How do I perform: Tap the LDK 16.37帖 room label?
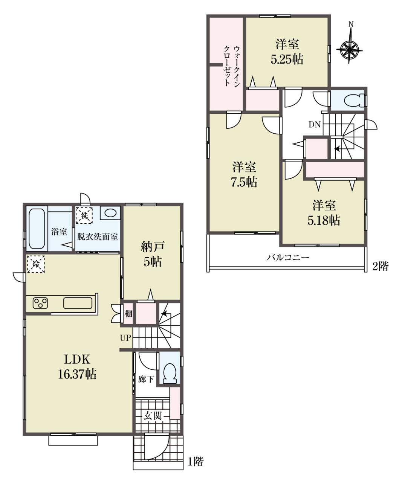(x=77, y=366)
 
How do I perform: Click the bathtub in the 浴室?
(x=37, y=229)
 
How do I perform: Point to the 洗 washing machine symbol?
(x=84, y=215)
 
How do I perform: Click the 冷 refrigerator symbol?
(x=35, y=264)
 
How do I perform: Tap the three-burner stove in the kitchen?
(x=40, y=303)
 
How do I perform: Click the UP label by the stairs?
(x=125, y=338)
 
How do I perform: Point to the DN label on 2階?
(x=315, y=125)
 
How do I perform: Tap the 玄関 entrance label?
(x=153, y=416)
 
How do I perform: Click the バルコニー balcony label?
(x=288, y=257)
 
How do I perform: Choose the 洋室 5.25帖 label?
(x=287, y=52)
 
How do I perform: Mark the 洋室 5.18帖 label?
(x=324, y=213)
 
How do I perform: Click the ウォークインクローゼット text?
(x=231, y=66)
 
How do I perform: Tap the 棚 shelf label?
(x=128, y=314)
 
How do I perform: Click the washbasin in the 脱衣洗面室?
(x=110, y=213)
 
